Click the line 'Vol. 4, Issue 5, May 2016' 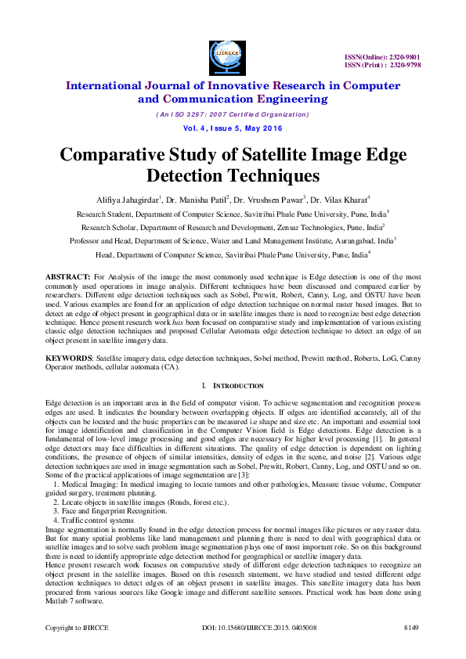232,128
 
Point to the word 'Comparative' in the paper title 125,154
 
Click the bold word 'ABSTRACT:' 67,278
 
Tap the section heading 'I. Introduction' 233,386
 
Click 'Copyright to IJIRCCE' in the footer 76,628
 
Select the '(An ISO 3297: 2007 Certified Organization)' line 232,114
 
